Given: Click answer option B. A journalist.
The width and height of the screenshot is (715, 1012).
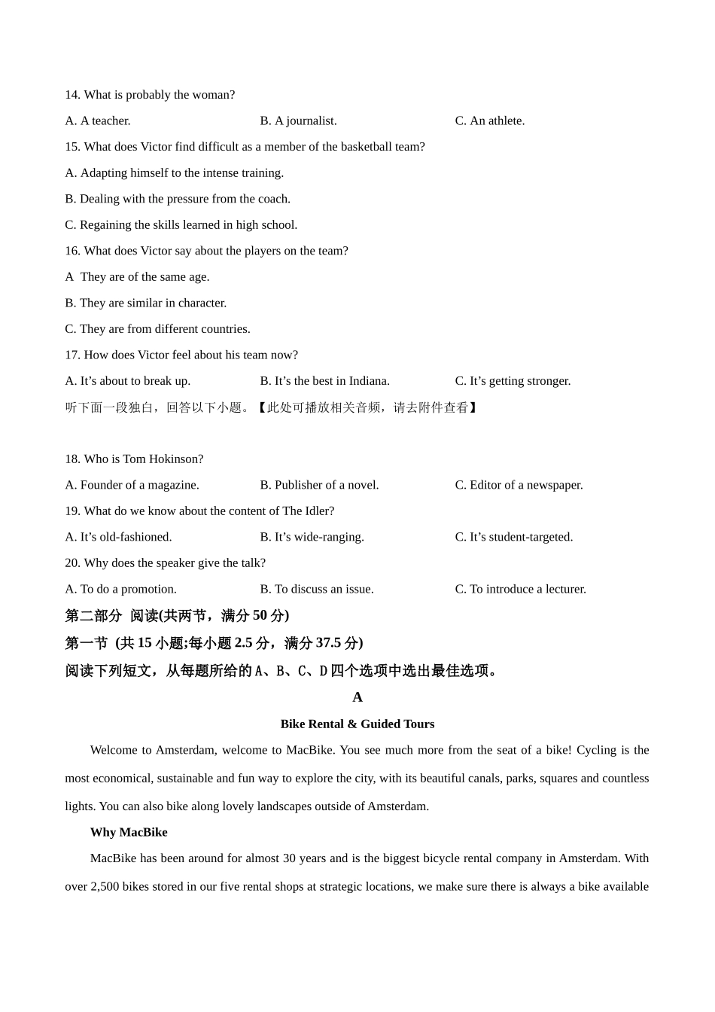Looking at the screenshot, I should [x=298, y=120].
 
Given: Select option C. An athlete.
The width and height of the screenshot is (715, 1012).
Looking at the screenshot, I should [x=489, y=120].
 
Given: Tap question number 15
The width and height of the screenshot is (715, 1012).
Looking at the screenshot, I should [x=72, y=147].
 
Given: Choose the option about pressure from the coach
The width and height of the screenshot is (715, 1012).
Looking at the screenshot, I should [x=178, y=199].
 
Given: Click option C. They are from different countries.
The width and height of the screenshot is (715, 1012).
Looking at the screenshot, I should [x=157, y=329].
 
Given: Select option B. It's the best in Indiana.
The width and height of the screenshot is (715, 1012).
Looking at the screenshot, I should [x=324, y=381].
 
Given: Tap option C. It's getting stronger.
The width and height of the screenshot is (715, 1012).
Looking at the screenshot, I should [x=513, y=381].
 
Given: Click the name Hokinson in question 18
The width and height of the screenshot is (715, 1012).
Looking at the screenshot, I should [x=176, y=459].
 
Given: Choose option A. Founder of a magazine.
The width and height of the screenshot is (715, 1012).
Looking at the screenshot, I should [x=132, y=485].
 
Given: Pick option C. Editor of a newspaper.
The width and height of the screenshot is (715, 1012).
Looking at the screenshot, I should [x=519, y=485].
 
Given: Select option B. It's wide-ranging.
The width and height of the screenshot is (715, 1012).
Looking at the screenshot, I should [x=312, y=537].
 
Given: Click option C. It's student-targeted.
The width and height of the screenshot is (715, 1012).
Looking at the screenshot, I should [x=513, y=537].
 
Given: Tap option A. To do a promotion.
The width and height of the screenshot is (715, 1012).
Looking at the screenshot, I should [x=120, y=589].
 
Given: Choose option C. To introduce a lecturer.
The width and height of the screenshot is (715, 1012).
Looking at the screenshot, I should [x=520, y=589].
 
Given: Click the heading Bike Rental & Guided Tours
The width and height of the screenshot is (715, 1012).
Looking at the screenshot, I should [x=357, y=724].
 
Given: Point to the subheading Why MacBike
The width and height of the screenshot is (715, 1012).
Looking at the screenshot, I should [x=129, y=832].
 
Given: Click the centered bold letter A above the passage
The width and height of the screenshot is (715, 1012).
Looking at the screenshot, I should [x=357, y=697].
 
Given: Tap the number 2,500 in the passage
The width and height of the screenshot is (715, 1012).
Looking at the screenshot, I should [x=105, y=886].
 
